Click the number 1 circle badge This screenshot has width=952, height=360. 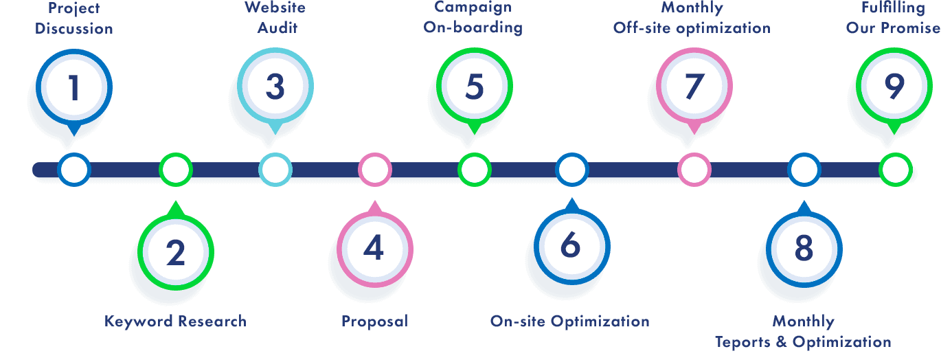pos(73,88)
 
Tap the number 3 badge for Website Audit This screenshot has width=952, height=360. pos(275,87)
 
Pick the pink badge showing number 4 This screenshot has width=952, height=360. pos(374,248)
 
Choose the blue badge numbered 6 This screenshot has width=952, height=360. pos(571,245)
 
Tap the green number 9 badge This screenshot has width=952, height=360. pos(894,87)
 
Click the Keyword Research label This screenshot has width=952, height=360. pos(175,321)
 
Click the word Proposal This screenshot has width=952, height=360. pos(374,321)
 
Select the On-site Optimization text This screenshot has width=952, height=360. pos(569,321)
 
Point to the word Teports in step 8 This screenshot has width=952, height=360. pos(744,341)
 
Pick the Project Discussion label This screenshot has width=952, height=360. pos(73,19)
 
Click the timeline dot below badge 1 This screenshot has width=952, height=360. pos(74,169)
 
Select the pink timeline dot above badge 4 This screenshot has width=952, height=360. pos(375,169)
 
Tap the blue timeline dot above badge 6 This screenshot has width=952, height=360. pos(571,169)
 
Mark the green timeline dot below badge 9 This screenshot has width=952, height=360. pos(895,169)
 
